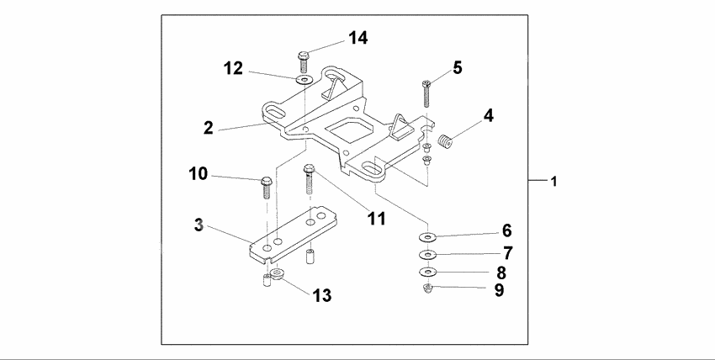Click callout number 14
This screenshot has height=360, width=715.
(x=358, y=38)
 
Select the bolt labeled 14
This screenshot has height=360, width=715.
(x=303, y=61)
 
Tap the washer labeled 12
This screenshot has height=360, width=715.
(x=303, y=80)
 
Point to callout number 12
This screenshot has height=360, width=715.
(x=233, y=68)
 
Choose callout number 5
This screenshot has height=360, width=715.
(x=458, y=66)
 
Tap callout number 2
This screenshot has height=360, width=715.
(x=207, y=128)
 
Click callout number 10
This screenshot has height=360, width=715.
(x=198, y=174)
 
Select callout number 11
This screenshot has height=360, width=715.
(x=375, y=219)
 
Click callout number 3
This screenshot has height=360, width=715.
(x=199, y=225)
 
